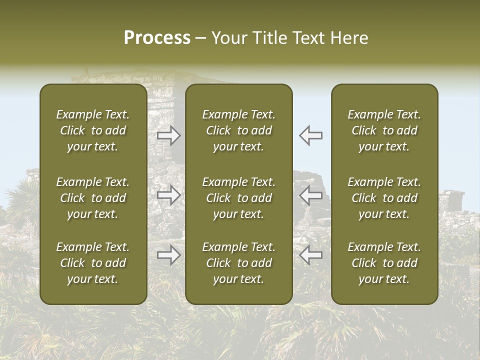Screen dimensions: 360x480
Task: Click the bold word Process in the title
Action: (157, 38)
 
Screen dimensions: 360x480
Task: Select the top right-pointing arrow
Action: (168, 135)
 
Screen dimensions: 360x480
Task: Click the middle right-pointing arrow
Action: (168, 195)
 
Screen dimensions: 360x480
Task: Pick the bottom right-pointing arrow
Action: (168, 255)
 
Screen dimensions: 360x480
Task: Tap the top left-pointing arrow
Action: (311, 135)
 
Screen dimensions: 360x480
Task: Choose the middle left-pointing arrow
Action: (311, 195)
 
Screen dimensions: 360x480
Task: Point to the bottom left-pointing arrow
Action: (311, 255)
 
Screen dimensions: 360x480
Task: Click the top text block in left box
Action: (93, 130)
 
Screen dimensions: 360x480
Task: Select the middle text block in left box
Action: (93, 198)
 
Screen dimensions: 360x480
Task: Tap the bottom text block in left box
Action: (93, 263)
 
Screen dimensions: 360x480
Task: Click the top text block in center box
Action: (238, 130)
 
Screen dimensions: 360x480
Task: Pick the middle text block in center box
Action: (238, 198)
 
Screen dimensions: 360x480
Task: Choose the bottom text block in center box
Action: (238, 263)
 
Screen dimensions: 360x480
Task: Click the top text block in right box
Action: (384, 130)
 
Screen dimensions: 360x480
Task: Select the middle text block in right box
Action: (384, 198)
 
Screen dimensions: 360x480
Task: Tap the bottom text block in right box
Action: (384, 263)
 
